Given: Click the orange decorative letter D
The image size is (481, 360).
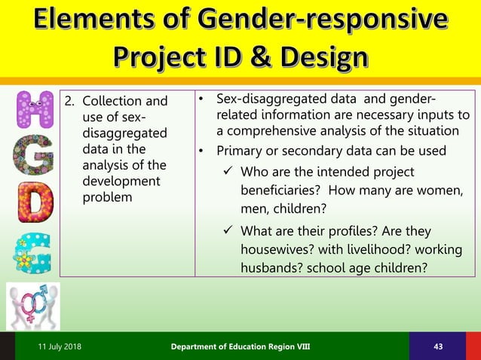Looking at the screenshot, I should pos(35,203).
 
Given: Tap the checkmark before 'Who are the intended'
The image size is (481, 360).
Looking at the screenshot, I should pos(228,172).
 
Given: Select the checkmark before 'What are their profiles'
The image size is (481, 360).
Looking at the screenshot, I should pos(228,231).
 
